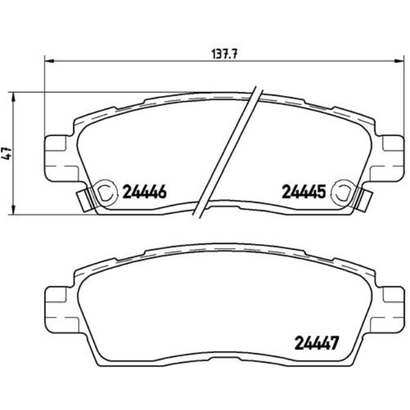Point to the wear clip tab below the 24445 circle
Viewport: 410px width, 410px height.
pos(365,201)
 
